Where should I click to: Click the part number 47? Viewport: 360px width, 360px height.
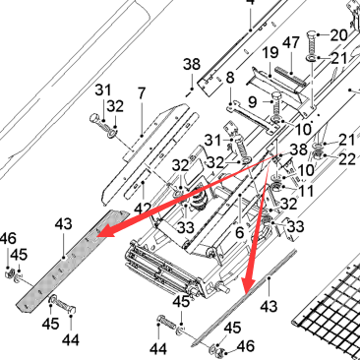pyautogui.click(x=291, y=43)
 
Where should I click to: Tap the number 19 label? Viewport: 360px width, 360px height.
pyautogui.click(x=270, y=53)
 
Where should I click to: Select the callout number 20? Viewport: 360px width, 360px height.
pyautogui.click(x=338, y=35)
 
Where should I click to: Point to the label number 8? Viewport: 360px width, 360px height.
pyautogui.click(x=230, y=78)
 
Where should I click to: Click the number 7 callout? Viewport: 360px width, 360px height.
pyautogui.click(x=142, y=93)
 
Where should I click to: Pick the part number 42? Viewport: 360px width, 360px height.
pyautogui.click(x=144, y=209)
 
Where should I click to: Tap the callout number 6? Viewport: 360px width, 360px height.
pyautogui.click(x=240, y=232)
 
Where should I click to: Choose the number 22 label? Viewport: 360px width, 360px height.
pyautogui.click(x=347, y=159)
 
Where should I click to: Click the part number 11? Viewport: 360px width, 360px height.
pyautogui.click(x=306, y=191)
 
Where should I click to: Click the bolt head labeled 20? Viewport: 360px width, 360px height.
pyautogui.click(x=312, y=34)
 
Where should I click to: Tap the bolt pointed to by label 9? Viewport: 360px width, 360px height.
pyautogui.click(x=276, y=103)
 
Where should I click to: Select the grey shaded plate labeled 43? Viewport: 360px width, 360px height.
pyautogui.click(x=72, y=260)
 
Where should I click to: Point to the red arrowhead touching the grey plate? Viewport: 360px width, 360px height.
pyautogui.click(x=105, y=231)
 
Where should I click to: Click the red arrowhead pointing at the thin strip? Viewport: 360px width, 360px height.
pyautogui.click(x=249, y=283)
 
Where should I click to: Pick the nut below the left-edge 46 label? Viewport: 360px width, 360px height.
pyautogui.click(x=10, y=273)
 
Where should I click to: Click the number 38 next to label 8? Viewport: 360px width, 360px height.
pyautogui.click(x=192, y=64)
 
